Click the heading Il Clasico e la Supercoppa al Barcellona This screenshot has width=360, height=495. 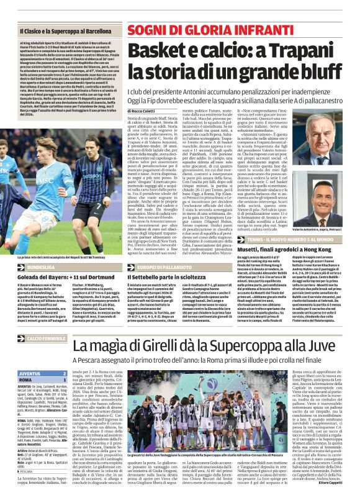(x=66, y=29)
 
